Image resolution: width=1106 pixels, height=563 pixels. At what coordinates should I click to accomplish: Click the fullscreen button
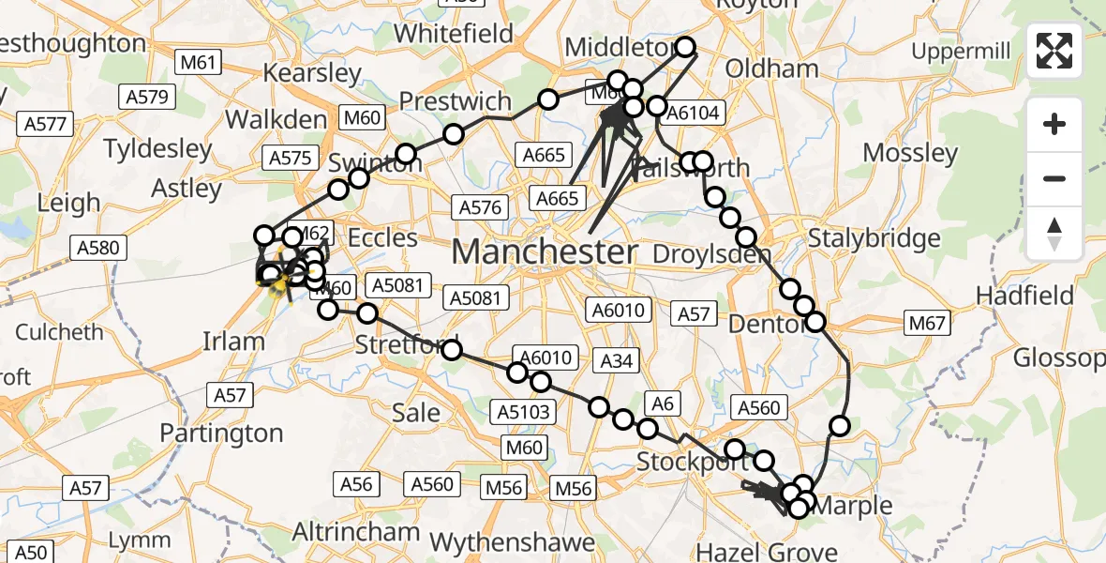coord(1054,50)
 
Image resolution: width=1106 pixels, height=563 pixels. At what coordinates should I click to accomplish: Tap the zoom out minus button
coord(1054,178)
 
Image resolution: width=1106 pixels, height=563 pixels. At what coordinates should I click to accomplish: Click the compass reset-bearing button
coord(1054,234)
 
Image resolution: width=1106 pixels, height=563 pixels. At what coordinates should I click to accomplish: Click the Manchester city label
coord(545,251)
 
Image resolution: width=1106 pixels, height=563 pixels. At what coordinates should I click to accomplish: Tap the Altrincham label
coord(355,532)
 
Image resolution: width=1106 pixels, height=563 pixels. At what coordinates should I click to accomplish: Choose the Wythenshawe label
coord(512,542)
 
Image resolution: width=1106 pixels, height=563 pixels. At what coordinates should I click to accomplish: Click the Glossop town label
coord(1059,358)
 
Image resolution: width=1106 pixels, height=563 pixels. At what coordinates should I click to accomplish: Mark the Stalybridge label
coord(874,237)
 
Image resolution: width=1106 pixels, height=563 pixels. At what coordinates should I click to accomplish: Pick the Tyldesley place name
coord(158,148)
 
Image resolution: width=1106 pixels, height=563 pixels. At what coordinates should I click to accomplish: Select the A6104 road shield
coord(691,114)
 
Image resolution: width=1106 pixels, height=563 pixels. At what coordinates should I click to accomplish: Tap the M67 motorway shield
coord(928,324)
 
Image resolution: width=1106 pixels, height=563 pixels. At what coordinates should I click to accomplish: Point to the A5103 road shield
coord(526,411)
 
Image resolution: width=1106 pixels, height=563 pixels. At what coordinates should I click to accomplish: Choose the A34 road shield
coord(616,359)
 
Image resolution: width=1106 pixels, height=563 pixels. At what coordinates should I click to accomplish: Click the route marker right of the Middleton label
coord(685,47)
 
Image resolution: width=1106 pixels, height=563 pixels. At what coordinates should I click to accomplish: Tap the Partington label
coord(221,434)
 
